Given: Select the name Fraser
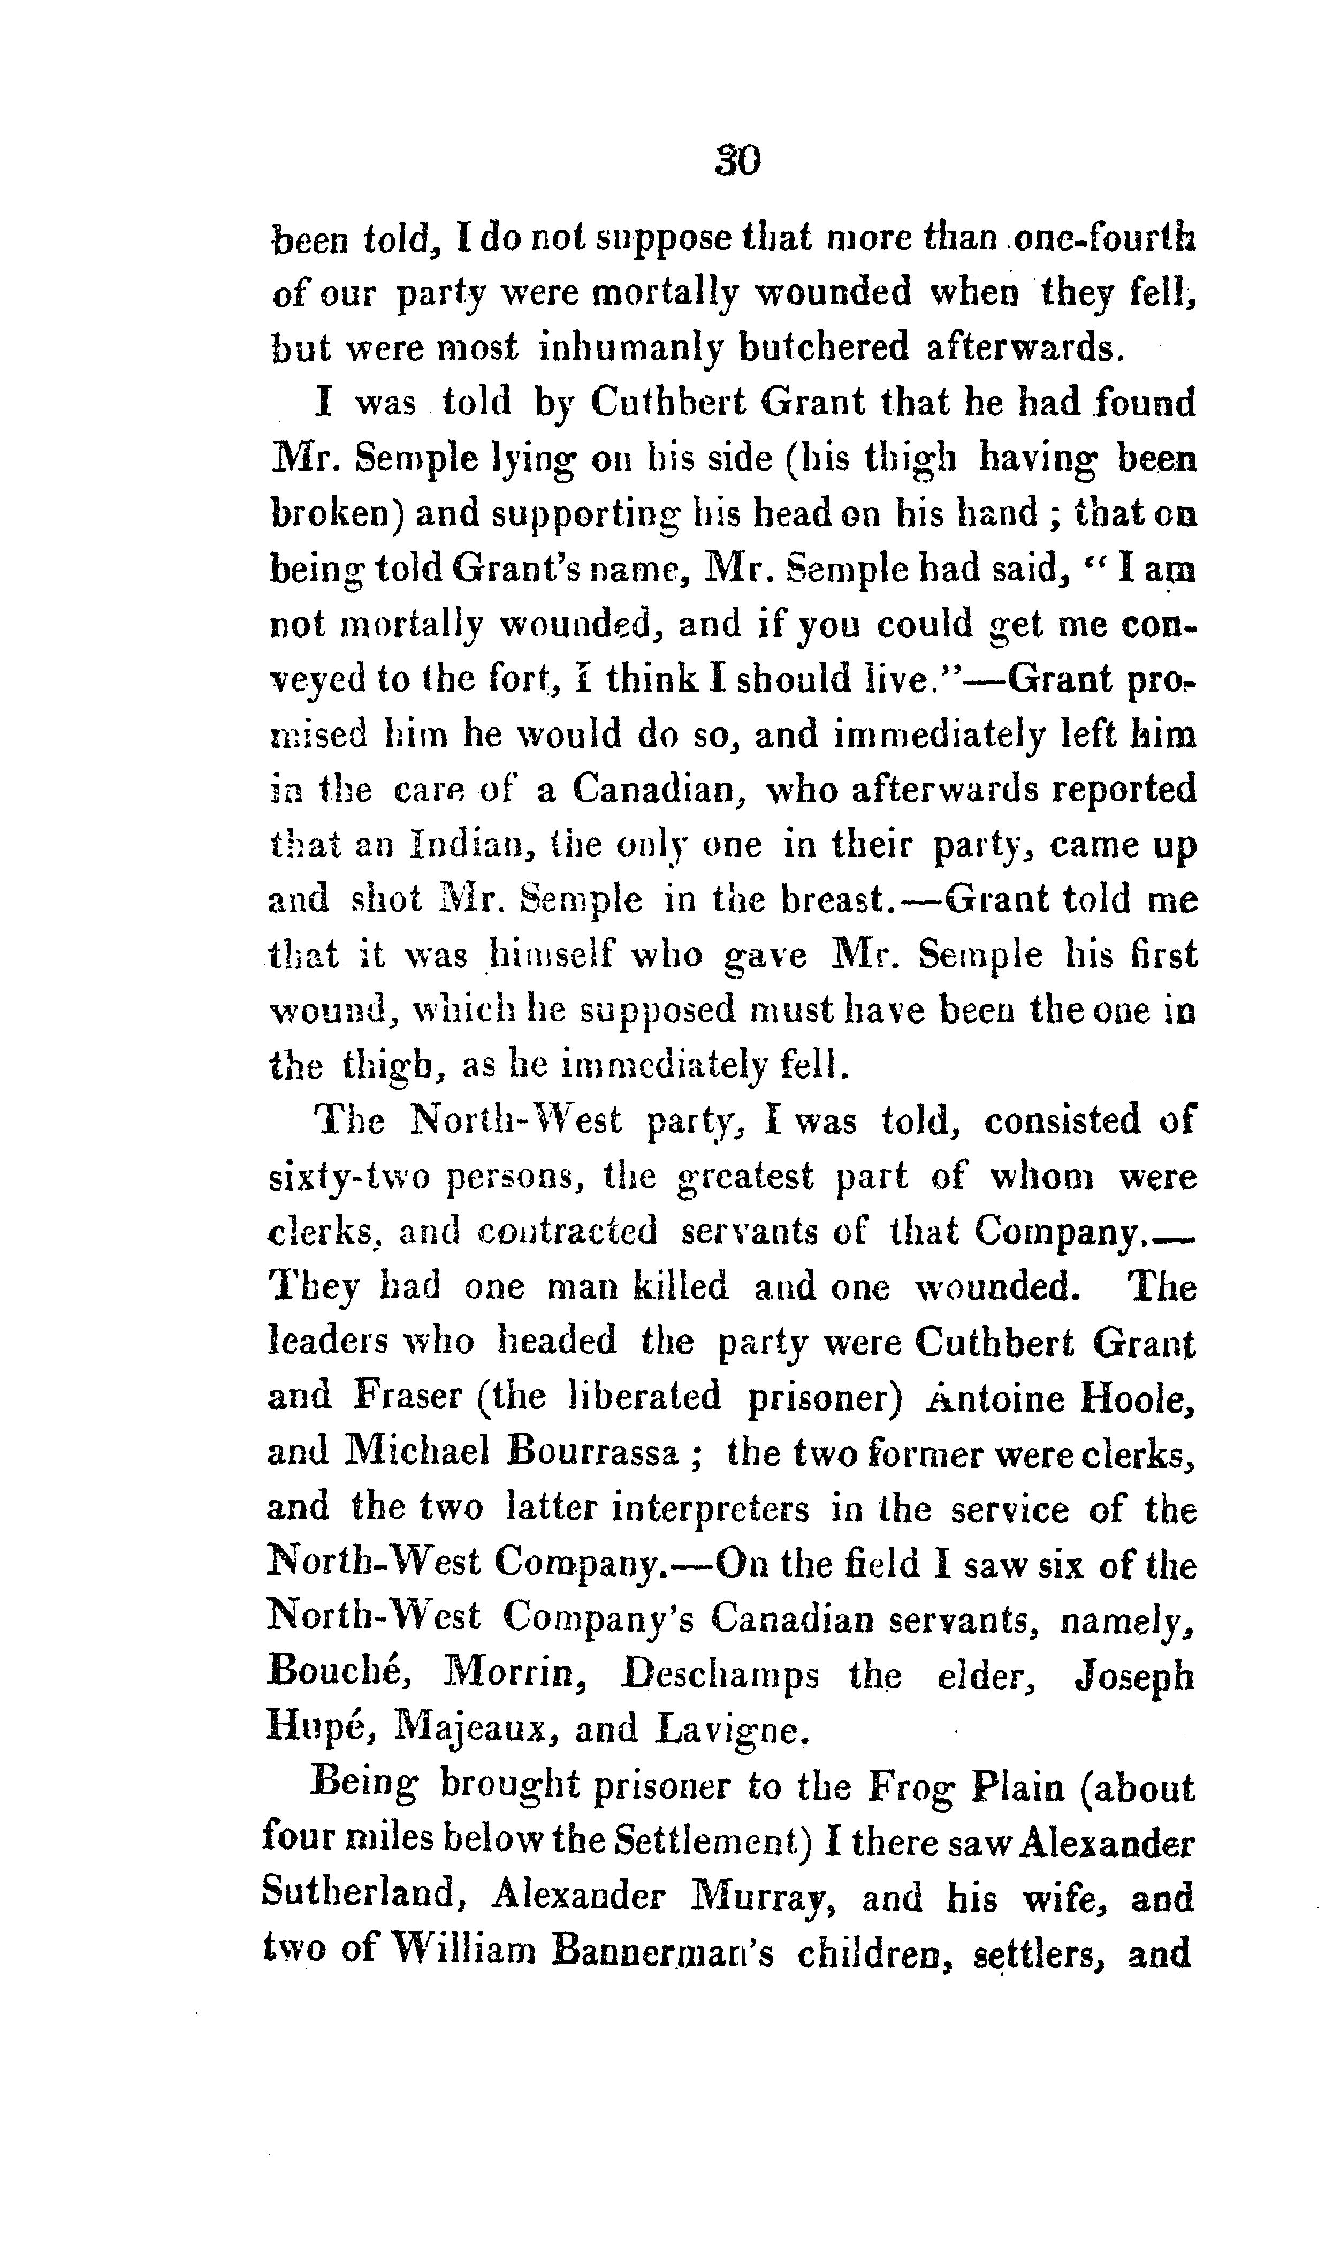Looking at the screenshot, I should coord(407,1397).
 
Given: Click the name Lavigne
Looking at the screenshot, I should coord(734,1729).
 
